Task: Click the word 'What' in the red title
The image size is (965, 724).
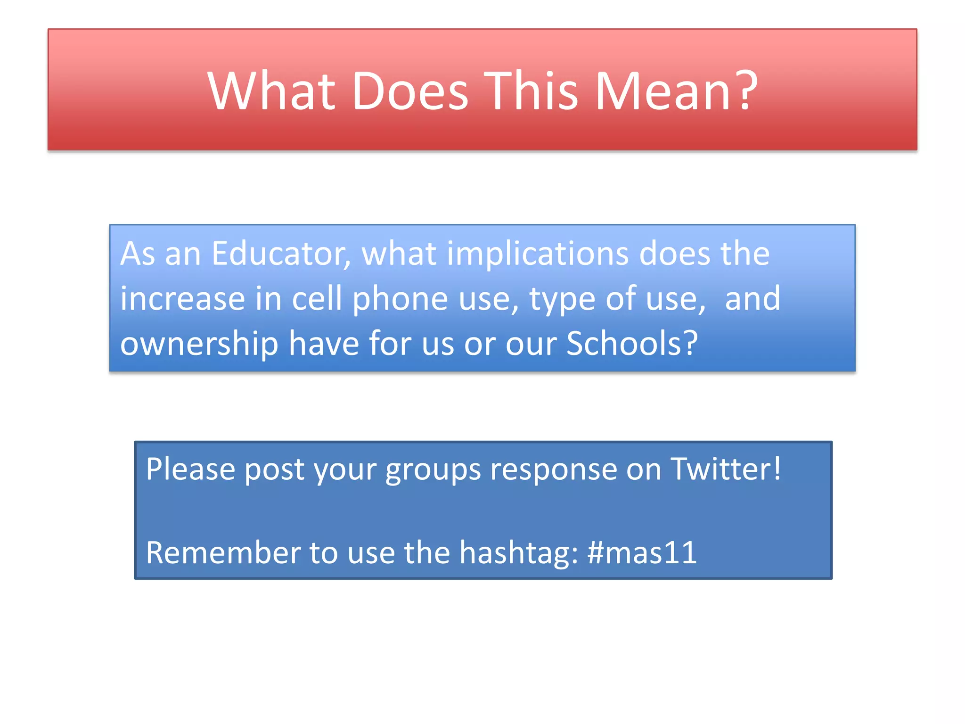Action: (x=271, y=90)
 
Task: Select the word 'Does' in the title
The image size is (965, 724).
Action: (x=410, y=90)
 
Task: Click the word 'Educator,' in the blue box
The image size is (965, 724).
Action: (x=281, y=254)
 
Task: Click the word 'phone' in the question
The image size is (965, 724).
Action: (x=400, y=299)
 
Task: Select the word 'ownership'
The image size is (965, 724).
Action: (x=199, y=344)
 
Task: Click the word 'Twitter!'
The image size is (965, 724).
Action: (x=726, y=469)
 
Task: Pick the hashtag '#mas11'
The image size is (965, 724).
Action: (x=642, y=552)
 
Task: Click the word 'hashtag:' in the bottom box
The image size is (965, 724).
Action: (x=519, y=553)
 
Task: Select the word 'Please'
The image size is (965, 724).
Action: (x=190, y=469)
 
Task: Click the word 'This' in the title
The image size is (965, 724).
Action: (x=531, y=90)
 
